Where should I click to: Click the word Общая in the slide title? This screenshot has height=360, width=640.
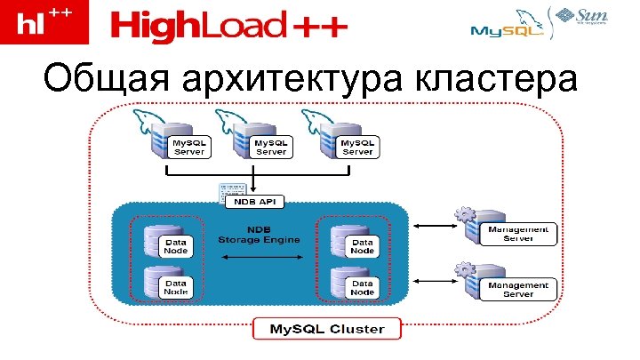tap(108, 82)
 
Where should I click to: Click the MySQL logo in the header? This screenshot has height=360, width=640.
tap(502, 30)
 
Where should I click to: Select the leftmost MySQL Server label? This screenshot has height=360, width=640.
tap(188, 146)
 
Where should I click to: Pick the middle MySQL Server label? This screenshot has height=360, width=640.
tap(271, 146)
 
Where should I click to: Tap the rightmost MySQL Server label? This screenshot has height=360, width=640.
tap(357, 146)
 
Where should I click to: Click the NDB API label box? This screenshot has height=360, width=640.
tap(254, 203)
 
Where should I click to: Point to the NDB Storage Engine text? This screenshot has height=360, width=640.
tap(260, 235)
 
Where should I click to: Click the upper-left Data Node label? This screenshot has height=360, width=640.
tap(177, 245)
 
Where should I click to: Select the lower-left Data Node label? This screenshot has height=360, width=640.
tap(177, 286)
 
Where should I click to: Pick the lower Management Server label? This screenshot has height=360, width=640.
tap(518, 288)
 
